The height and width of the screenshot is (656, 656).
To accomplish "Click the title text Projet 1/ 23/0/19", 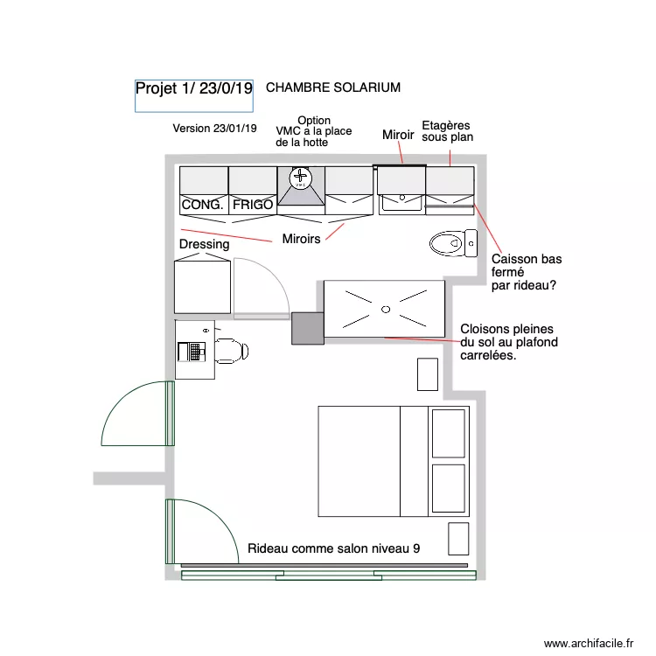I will pyautogui.click(x=193, y=88).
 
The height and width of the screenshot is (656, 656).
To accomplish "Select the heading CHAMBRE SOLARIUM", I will pyautogui.click(x=332, y=87).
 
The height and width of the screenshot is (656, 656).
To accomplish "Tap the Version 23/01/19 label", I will pyautogui.click(x=214, y=129).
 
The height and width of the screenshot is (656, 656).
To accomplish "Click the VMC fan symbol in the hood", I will pyautogui.click(x=301, y=178).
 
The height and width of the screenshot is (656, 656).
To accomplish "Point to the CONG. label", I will pyautogui.click(x=202, y=206).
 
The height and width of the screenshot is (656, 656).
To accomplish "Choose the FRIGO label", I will pyautogui.click(x=253, y=206).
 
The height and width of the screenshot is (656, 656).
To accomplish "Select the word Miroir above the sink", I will pyautogui.click(x=398, y=136).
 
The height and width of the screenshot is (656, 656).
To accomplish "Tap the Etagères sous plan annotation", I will pyautogui.click(x=447, y=131).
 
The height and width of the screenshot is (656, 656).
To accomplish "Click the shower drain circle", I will pyautogui.click(x=385, y=309).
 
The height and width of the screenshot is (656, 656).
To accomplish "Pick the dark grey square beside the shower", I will pyautogui.click(x=307, y=328).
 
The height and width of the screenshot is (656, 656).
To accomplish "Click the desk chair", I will pyautogui.click(x=230, y=351).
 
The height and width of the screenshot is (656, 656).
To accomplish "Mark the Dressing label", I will pyautogui.click(x=204, y=245).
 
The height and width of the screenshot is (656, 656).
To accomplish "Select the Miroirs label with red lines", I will pyautogui.click(x=301, y=239).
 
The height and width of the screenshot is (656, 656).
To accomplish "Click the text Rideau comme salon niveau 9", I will pyautogui.click(x=333, y=548).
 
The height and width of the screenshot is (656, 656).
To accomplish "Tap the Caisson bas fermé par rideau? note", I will pyautogui.click(x=526, y=272).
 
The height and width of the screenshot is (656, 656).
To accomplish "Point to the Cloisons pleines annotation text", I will pyautogui.click(x=508, y=342).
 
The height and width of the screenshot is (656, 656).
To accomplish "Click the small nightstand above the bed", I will pyautogui.click(x=427, y=374).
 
